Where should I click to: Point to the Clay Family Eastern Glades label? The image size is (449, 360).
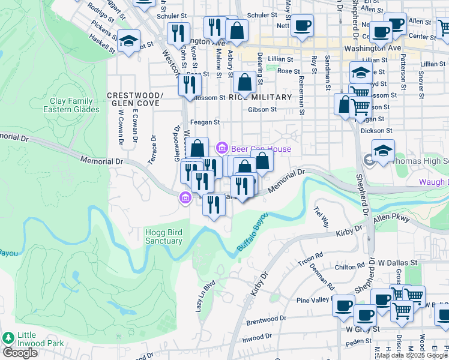[71, 105]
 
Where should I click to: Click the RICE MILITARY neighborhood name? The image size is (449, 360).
[260, 97]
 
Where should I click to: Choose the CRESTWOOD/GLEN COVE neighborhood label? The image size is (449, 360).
[135, 99]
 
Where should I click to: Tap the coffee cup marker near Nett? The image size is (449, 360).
[302, 26]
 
